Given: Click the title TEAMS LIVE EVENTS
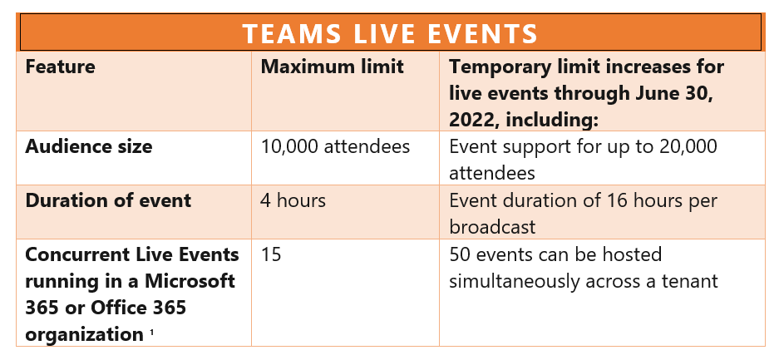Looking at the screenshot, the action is tap(391, 33).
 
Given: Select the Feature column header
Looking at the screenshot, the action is tap(60, 67).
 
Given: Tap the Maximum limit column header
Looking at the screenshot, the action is tap(333, 67).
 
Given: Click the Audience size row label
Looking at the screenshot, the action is tap(89, 147).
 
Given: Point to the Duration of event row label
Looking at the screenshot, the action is tap(108, 200).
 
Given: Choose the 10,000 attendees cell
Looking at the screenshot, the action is tap(335, 147).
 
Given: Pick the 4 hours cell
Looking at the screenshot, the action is tap(293, 200).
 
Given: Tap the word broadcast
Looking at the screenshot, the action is tap(492, 228).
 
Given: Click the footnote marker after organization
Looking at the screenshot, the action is tap(151, 333).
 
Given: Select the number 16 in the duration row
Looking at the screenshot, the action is tap(618, 200).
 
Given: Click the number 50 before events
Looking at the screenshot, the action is tap(460, 254).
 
